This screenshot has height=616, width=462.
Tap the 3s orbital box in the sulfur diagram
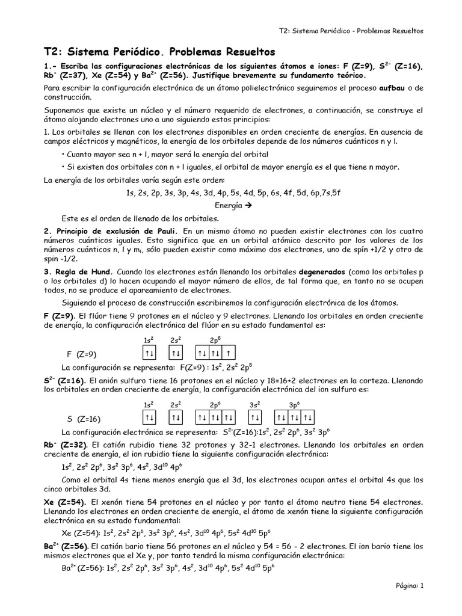(x=256, y=417)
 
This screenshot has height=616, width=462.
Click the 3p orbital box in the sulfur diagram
(x=295, y=417)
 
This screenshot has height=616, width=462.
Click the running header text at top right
(x=351, y=31)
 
